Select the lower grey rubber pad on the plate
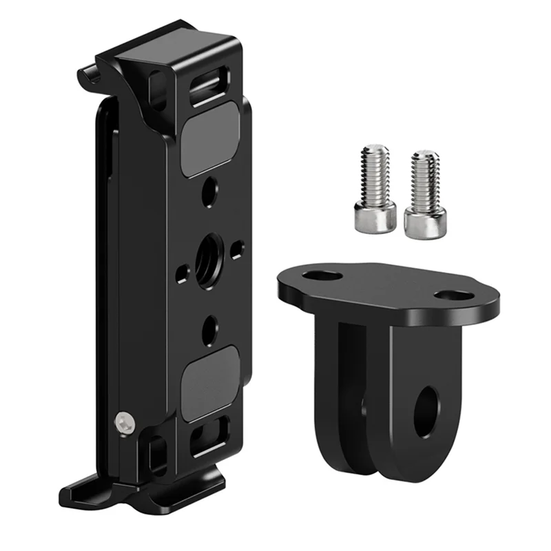[210, 383]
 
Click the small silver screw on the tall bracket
[124, 423]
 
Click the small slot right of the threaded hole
[238, 247]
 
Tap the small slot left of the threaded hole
[180, 274]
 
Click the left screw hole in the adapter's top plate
[321, 275]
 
